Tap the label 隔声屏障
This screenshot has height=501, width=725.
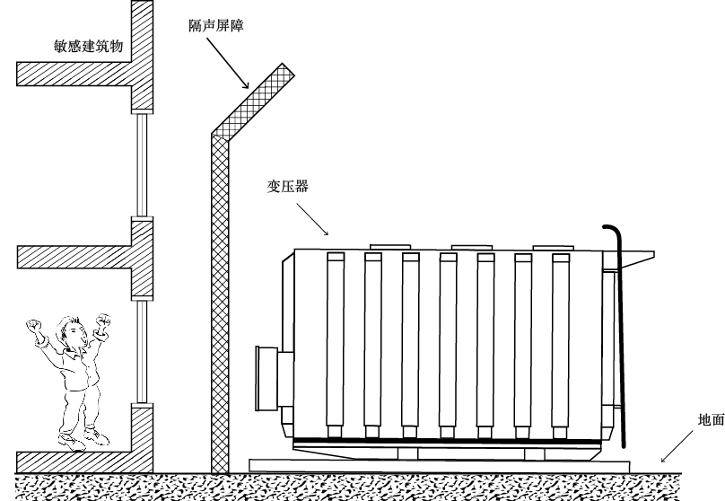point(218,28)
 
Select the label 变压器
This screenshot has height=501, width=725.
point(287,187)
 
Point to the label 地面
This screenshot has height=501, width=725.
point(711,419)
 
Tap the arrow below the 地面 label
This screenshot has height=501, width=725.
point(681,445)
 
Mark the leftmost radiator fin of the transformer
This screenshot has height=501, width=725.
point(336,341)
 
